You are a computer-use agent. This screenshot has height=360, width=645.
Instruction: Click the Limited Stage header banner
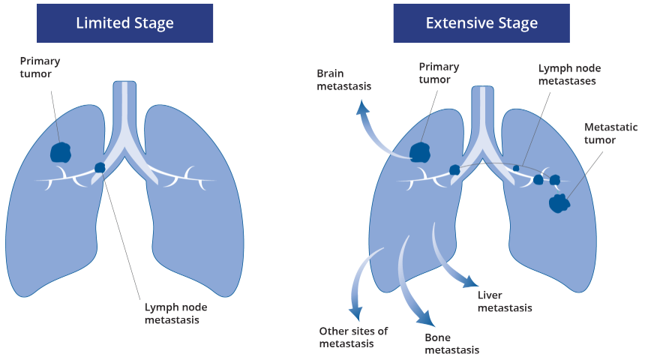(124, 23)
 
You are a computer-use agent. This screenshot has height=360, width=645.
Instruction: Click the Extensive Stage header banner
(481, 23)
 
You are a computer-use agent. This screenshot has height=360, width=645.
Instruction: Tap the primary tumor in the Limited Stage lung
(61, 153)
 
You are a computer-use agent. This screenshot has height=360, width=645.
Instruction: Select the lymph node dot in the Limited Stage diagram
(100, 167)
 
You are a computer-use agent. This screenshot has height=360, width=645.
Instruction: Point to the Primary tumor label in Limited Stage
(40, 67)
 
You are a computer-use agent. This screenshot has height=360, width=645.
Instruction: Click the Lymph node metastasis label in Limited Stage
(175, 313)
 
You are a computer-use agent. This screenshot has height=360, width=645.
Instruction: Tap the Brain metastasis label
(344, 79)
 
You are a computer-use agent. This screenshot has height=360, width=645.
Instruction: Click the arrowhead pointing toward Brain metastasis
(362, 107)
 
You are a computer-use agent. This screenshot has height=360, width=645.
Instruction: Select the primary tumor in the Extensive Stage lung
(420, 153)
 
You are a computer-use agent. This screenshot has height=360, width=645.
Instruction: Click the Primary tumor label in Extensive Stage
(439, 73)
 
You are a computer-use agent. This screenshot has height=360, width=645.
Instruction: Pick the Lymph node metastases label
(569, 74)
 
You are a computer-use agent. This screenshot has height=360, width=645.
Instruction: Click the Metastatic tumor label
(610, 133)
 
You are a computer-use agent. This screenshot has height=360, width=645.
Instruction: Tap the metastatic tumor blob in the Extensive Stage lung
(559, 203)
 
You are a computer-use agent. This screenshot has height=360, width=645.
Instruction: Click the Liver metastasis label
(505, 301)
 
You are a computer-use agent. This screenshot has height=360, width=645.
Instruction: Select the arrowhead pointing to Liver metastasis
(470, 281)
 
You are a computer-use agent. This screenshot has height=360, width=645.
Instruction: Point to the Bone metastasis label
(451, 344)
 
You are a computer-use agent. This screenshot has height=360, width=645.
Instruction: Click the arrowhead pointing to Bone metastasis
(426, 317)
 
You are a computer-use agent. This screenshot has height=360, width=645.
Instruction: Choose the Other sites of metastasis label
(353, 337)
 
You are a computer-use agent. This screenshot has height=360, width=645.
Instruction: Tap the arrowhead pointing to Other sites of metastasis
(355, 313)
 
